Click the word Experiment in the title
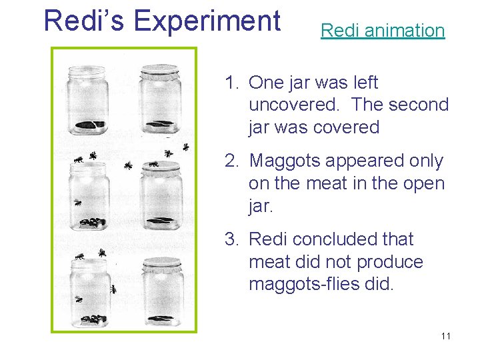[x=207, y=21]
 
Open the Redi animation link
[x=382, y=30]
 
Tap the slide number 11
[x=445, y=336]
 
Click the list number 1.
[x=231, y=83]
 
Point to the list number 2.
[x=231, y=161]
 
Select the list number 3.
[x=231, y=239]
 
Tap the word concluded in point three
[x=339, y=239]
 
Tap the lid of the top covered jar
[x=159, y=69]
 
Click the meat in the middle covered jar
[x=160, y=221]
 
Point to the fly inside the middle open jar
[x=78, y=202]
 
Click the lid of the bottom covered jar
[x=160, y=262]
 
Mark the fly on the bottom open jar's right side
[x=113, y=289]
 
